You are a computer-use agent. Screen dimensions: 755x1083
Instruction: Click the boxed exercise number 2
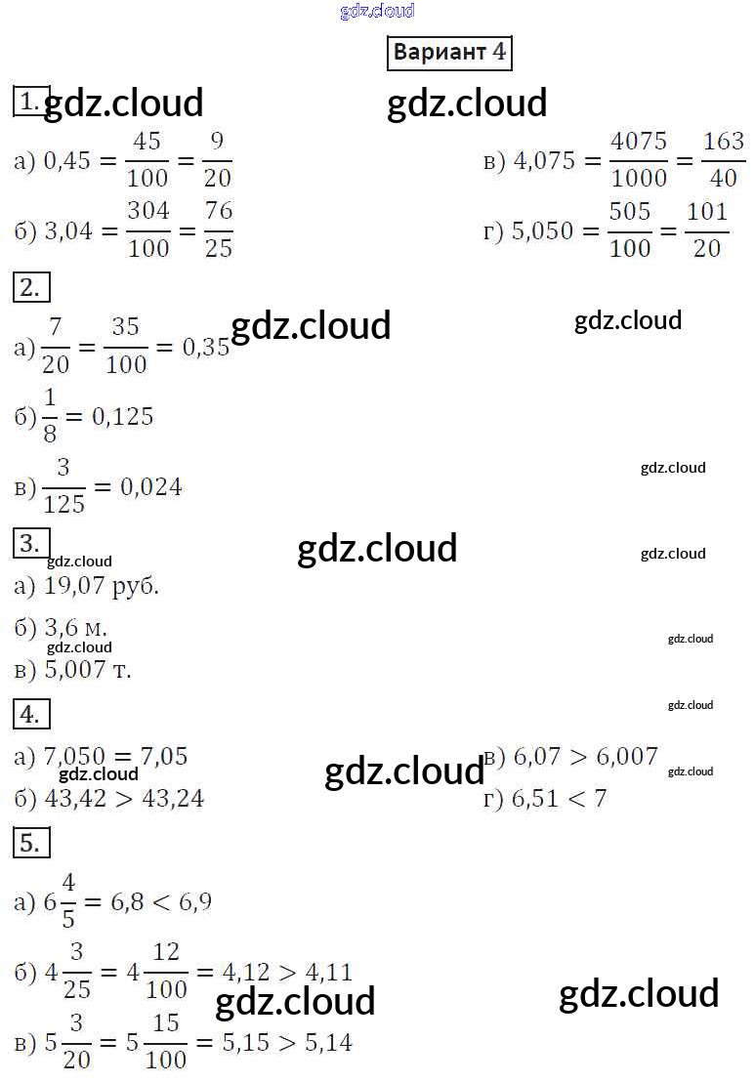click(31, 288)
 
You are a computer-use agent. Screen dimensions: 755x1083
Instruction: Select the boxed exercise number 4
click(31, 715)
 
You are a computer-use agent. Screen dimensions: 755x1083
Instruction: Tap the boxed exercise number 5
click(31, 843)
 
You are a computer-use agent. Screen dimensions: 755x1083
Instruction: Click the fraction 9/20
click(217, 159)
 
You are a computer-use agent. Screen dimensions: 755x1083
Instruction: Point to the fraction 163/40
click(724, 159)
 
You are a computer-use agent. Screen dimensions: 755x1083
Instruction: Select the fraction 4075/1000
click(639, 159)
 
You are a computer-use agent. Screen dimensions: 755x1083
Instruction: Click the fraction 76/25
click(218, 229)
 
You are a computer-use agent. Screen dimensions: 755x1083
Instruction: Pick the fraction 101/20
click(706, 229)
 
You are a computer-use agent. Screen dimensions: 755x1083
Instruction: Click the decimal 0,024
click(150, 486)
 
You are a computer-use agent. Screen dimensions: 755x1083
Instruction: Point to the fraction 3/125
click(64, 486)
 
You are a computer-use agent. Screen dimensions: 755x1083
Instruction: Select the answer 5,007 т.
click(88, 670)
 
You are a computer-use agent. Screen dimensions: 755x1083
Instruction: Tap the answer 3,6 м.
click(76, 627)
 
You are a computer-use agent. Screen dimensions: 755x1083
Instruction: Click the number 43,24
click(172, 799)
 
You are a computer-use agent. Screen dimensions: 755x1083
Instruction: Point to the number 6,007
click(626, 756)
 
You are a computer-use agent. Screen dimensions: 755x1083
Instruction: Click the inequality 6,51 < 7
click(559, 799)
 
